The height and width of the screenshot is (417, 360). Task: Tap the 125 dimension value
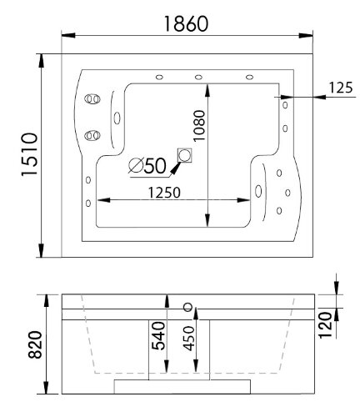coord(341,86)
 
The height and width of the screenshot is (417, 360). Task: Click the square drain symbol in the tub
coord(184,155)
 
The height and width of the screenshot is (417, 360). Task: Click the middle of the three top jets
coord(198,78)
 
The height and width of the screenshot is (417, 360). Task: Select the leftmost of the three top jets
coord(157,78)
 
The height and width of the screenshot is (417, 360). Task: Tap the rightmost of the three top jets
coord(249,78)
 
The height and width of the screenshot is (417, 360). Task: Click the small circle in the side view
coord(187,306)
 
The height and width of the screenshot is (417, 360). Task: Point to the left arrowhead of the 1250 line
coord(102,199)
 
